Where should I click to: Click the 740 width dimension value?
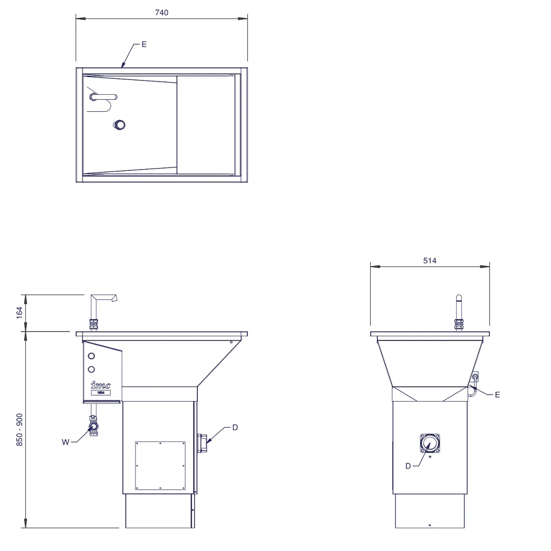click(x=161, y=13)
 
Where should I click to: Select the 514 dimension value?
click(x=430, y=261)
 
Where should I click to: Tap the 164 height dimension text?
click(x=20, y=313)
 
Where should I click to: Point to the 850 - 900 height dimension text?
click(x=20, y=430)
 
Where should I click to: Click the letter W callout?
click(x=66, y=442)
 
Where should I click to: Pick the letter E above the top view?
click(x=144, y=45)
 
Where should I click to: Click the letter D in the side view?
click(x=235, y=428)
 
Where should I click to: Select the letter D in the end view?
click(x=408, y=466)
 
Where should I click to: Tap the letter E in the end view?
click(x=497, y=395)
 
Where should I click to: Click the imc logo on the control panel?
click(x=101, y=385)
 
